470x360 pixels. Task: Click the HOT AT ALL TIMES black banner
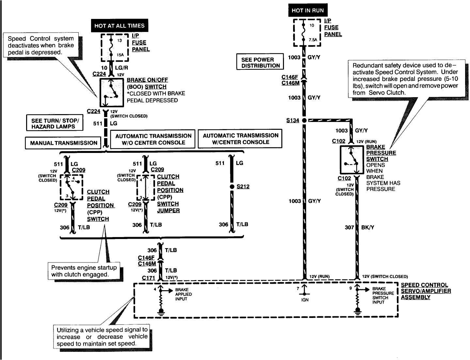click(119, 25)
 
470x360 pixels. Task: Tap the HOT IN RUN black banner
click(308, 10)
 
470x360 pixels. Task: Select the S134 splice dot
click(304, 121)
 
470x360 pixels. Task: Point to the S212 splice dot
click(232, 187)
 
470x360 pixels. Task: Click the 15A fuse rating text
click(120, 55)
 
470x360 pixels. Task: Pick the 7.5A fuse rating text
click(313, 40)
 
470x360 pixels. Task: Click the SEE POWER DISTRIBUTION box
click(260, 62)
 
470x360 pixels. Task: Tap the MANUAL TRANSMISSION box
click(63, 143)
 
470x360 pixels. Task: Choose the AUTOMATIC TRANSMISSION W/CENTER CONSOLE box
click(240, 139)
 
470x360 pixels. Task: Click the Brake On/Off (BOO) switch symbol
click(112, 93)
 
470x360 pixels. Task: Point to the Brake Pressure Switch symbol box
click(352, 160)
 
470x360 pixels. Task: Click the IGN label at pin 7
click(305, 300)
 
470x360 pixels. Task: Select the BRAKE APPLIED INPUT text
click(183, 294)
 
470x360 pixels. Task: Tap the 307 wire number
click(349, 227)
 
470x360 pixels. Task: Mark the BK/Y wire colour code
click(368, 227)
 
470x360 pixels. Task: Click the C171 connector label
click(149, 278)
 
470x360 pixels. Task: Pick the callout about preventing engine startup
click(84, 271)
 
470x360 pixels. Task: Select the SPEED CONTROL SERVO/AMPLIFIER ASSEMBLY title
click(426, 291)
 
